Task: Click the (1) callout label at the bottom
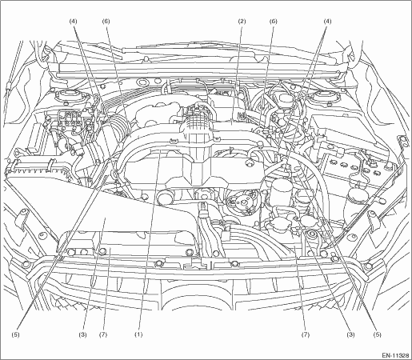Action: pos(138,334)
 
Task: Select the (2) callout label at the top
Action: pos(242,22)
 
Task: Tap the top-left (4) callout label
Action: pos(74,22)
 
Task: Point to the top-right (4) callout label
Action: pos(327,22)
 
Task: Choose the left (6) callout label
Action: pos(106,22)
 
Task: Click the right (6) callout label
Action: pos(273,22)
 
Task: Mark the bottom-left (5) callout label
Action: pos(15,334)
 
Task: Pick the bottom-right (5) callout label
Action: pos(378,334)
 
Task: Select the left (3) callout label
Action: pos(82,334)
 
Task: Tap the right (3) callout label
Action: pos(350,334)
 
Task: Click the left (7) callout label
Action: pos(102,334)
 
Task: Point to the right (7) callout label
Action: pos(306,334)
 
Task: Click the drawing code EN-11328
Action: pos(395,355)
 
